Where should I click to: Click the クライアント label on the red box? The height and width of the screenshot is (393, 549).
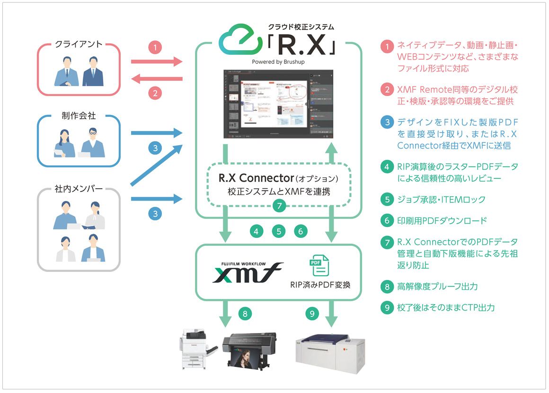click(x=79, y=44)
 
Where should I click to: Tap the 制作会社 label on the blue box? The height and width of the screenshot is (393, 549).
click(x=79, y=116)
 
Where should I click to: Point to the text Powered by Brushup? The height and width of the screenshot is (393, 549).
click(x=279, y=61)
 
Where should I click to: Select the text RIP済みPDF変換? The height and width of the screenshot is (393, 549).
click(x=320, y=285)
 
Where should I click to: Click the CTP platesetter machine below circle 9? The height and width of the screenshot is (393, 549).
click(x=330, y=349)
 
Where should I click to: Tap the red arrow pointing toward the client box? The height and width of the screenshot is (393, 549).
click(x=157, y=79)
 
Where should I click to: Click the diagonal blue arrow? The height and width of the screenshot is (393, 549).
click(x=155, y=164)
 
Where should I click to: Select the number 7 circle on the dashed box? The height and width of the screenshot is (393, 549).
click(x=279, y=205)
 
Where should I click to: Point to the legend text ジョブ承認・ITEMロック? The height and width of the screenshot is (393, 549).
click(x=434, y=200)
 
